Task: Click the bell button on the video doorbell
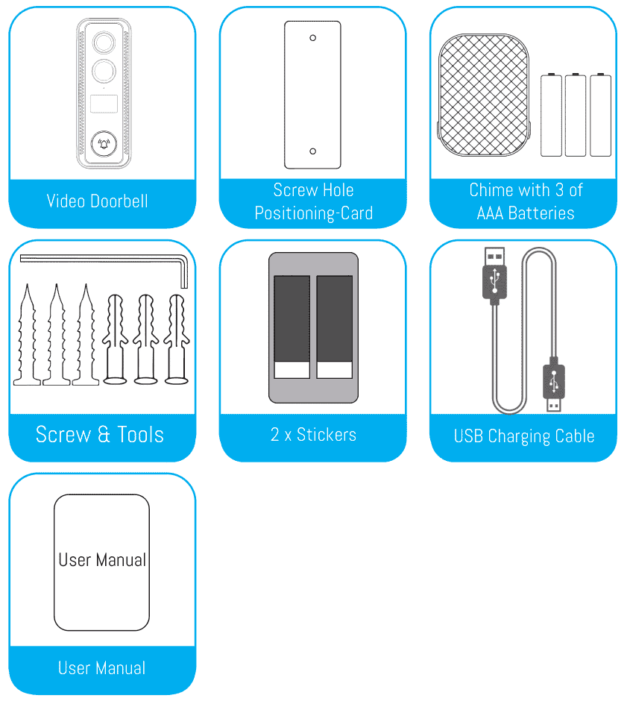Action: pyautogui.click(x=104, y=144)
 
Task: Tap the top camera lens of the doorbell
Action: pyautogui.click(x=104, y=43)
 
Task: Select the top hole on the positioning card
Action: pyautogui.click(x=312, y=38)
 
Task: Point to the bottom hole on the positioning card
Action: pyautogui.click(x=312, y=151)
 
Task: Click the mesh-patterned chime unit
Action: pyautogui.click(x=484, y=95)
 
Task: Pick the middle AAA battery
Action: pyautogui.click(x=576, y=115)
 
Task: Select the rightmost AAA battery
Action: pyautogui.click(x=600, y=115)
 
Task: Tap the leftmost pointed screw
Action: pyautogui.click(x=27, y=335)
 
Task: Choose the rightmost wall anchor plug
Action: pyautogui.click(x=177, y=339)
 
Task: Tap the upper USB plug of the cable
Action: pyautogui.click(x=494, y=274)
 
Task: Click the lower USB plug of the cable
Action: pyautogui.click(x=554, y=383)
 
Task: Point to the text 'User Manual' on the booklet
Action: pyautogui.click(x=102, y=560)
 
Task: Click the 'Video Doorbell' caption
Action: pyautogui.click(x=98, y=201)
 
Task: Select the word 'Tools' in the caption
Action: pyautogui.click(x=140, y=435)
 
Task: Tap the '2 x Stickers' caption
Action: pyautogui.click(x=313, y=435)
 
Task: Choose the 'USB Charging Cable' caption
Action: pyautogui.click(x=524, y=436)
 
